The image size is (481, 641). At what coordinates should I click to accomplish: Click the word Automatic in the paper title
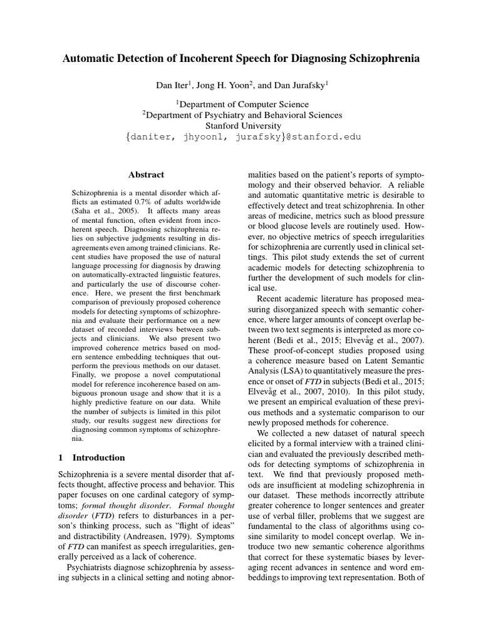93,59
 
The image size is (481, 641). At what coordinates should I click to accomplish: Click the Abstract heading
146,175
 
